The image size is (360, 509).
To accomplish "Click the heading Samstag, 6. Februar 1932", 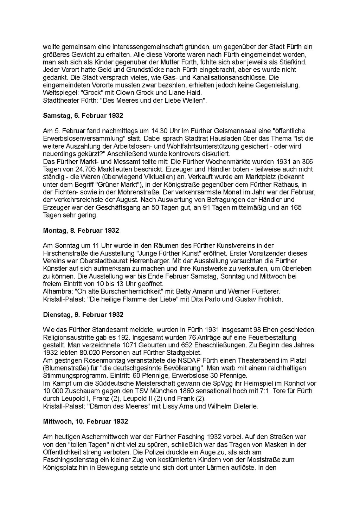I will coord(83,116).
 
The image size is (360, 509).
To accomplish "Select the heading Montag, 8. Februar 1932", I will coord(81,231).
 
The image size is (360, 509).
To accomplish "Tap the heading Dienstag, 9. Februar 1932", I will coord(83,315).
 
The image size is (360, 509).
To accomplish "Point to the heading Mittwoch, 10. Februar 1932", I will coord(85,421).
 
